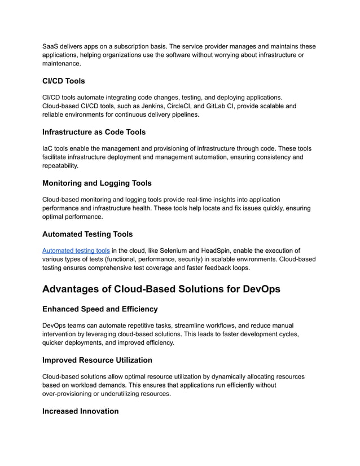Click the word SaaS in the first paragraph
tap(51, 46)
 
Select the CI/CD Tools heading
tap(63, 81)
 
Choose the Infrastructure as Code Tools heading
tap(94, 132)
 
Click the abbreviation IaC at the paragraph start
tap(49, 148)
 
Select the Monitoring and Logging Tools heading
tap(96, 183)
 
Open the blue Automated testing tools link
tap(76, 250)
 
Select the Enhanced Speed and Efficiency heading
tap(100, 309)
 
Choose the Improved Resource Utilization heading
tap(97, 360)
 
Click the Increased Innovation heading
tap(80, 411)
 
